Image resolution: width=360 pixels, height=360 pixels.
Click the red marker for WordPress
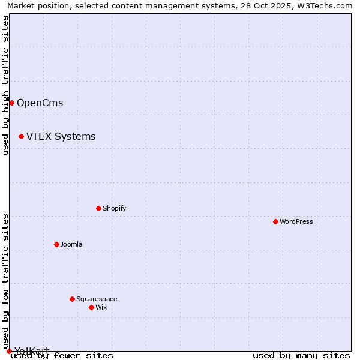click(x=275, y=221)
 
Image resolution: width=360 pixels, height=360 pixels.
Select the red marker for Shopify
click(x=98, y=208)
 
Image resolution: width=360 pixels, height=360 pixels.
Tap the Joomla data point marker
click(x=56, y=244)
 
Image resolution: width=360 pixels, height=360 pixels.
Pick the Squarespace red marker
click(x=72, y=299)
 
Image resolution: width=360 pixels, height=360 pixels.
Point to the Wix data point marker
click(x=91, y=307)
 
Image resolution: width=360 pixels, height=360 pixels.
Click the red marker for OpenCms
click(x=11, y=103)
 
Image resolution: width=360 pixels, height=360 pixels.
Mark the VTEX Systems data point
click(x=21, y=136)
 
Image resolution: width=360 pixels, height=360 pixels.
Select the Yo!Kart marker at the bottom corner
click(x=9, y=351)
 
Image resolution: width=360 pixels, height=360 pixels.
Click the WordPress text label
click(x=296, y=221)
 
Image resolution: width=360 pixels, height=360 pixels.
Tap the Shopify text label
click(x=115, y=208)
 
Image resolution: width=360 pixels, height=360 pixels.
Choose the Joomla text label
click(x=71, y=244)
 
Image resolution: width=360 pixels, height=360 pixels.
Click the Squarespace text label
click(x=97, y=299)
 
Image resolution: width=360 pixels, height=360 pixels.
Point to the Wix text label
click(x=101, y=307)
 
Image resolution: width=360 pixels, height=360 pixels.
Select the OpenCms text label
click(x=40, y=103)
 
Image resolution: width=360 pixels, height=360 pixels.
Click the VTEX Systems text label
click(x=61, y=136)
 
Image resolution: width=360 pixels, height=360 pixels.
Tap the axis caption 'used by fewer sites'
click(x=62, y=355)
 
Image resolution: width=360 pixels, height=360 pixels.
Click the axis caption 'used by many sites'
click(x=301, y=355)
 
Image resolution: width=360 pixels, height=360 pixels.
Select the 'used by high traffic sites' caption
click(x=5, y=85)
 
